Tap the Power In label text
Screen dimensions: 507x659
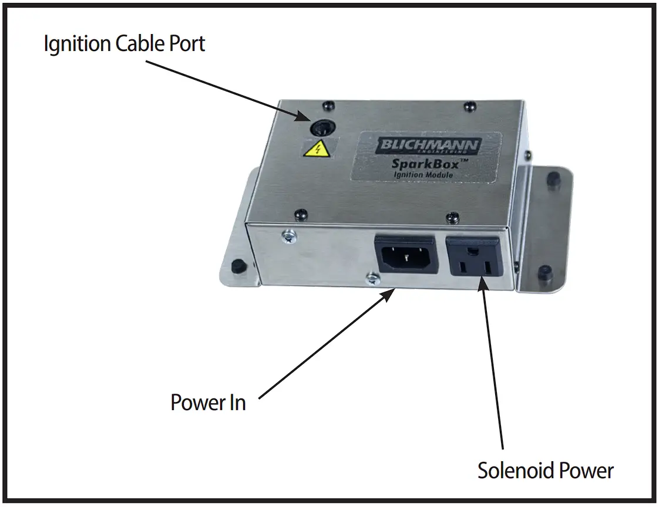point(208,403)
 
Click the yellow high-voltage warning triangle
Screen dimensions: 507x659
point(312,149)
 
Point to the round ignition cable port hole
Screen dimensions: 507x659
point(321,127)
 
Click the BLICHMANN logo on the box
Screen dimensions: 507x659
point(429,146)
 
